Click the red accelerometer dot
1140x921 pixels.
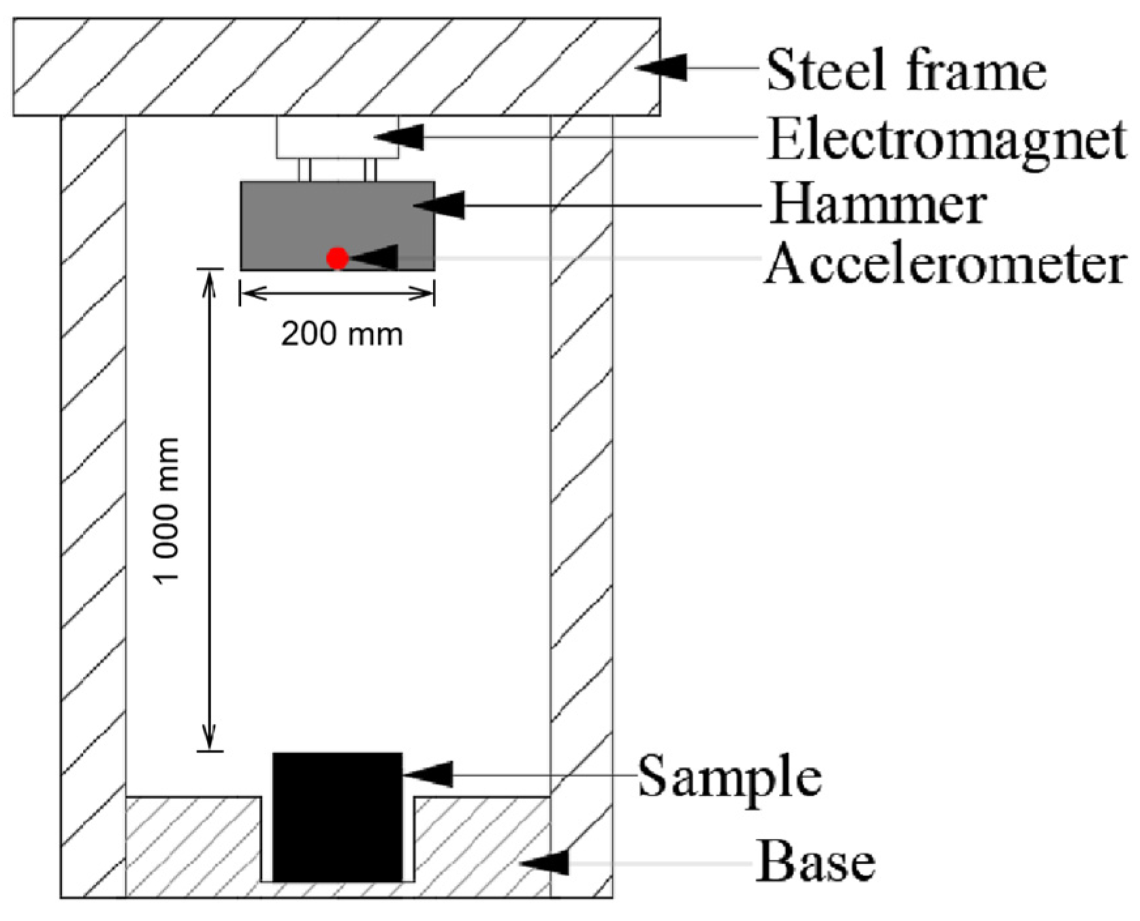point(337,258)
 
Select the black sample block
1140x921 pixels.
point(337,817)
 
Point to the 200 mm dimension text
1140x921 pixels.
point(341,334)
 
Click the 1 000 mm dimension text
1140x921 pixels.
point(167,511)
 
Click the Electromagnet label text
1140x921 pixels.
point(947,140)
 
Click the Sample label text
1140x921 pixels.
point(729,777)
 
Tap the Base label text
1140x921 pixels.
point(815,862)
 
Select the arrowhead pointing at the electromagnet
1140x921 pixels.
point(400,136)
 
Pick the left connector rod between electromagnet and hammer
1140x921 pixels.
point(304,170)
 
